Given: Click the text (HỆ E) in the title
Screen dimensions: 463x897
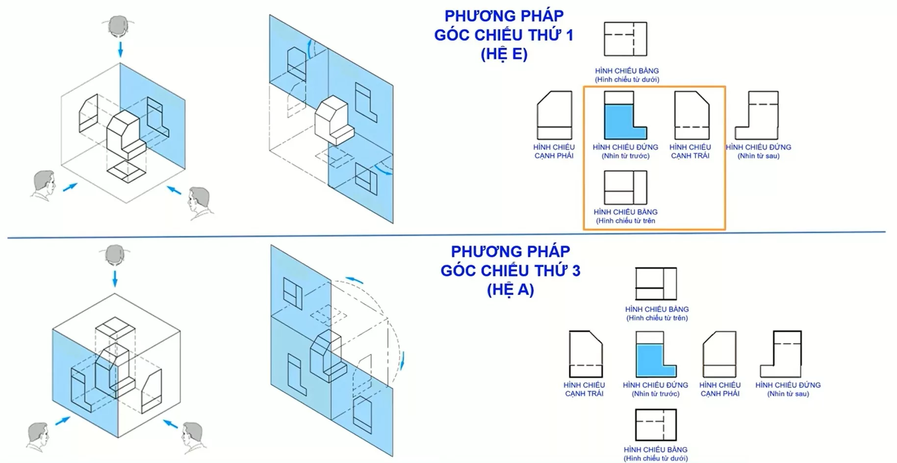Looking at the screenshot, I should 504,54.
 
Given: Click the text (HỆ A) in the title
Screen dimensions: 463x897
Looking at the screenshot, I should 510,290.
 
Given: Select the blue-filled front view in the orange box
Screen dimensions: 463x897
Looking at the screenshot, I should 624,116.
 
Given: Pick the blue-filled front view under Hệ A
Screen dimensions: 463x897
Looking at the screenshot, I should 656,354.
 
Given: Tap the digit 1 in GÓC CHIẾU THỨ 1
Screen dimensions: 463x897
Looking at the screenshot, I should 569,35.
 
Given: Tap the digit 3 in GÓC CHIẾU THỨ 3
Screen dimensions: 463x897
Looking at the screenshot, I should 575,271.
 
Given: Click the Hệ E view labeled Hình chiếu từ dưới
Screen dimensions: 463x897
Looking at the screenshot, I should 625,39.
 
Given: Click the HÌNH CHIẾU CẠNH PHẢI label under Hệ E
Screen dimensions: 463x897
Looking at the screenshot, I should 554,151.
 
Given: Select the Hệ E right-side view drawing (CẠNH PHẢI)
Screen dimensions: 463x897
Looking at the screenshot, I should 554,116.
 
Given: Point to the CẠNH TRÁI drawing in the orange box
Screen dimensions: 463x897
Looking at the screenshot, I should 692,116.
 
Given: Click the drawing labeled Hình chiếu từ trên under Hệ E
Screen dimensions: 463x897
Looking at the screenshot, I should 625,188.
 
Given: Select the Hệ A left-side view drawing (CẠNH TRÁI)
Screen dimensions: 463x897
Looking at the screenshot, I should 586,354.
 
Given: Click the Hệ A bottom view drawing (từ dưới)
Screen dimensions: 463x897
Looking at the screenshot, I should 656,425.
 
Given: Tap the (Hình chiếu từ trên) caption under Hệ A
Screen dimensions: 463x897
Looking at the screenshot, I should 657,318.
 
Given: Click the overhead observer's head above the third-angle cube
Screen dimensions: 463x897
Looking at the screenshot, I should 115,255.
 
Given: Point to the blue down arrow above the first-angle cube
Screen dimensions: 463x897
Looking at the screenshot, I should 120,49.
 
